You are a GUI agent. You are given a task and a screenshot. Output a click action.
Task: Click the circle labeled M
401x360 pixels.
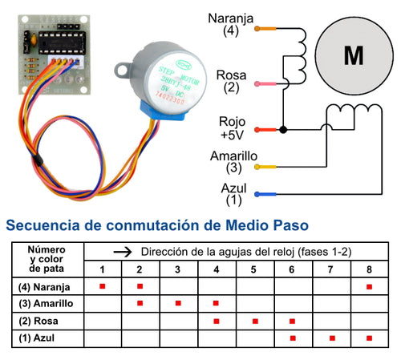click(x=352, y=55)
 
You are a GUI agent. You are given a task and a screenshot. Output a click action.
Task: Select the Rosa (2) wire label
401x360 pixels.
click(x=231, y=81)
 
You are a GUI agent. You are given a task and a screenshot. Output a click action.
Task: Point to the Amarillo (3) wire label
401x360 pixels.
click(x=233, y=163)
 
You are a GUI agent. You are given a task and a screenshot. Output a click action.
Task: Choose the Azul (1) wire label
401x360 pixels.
click(x=233, y=192)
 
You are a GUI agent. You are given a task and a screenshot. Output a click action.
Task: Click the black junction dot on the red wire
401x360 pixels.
click(x=283, y=129)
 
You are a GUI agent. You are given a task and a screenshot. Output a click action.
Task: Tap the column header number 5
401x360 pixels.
click(x=253, y=269)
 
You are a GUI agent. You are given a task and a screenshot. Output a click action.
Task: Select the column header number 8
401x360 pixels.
click(x=369, y=269)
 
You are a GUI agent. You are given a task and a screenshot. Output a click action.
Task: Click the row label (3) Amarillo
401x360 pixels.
click(x=45, y=304)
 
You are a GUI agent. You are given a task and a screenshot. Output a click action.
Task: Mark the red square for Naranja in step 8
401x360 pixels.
click(x=369, y=286)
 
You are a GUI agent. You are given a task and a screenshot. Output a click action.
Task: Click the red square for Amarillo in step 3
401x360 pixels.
click(x=177, y=304)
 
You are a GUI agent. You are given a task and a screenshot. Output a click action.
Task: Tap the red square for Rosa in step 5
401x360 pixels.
click(x=254, y=321)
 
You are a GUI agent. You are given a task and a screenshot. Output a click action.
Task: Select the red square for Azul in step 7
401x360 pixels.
click(x=331, y=338)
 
